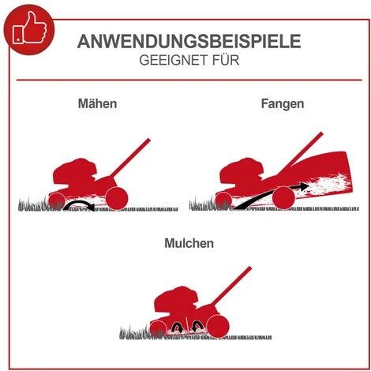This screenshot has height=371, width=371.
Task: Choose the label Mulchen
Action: [186, 244]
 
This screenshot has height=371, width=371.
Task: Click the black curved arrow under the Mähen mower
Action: [78, 206]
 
